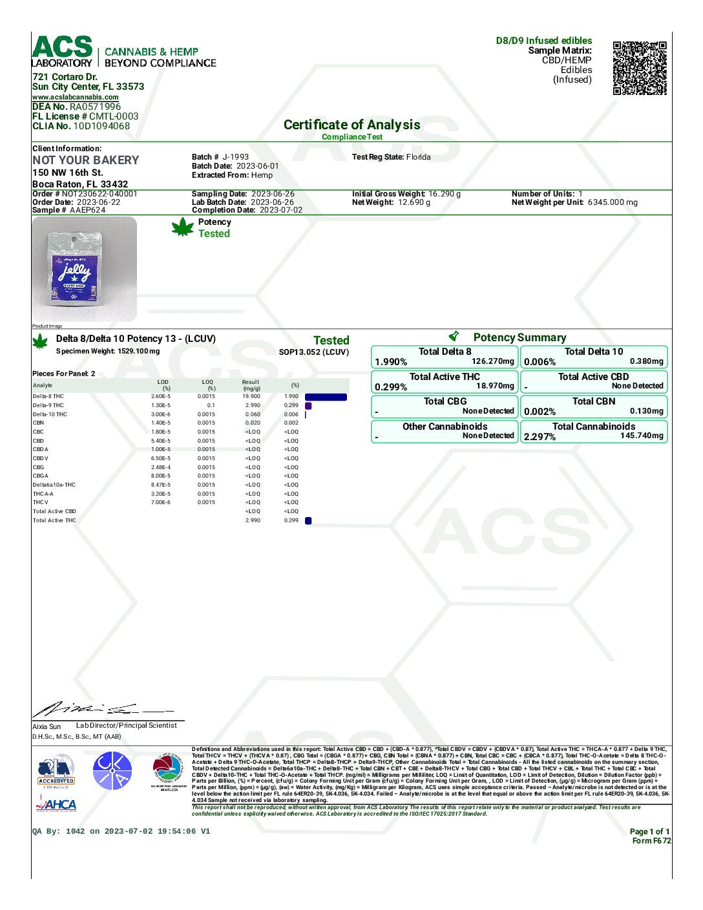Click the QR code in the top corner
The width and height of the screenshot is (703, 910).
click(x=639, y=68)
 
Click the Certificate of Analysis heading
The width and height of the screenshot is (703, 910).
click(x=351, y=125)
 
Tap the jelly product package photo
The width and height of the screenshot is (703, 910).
click(x=84, y=269)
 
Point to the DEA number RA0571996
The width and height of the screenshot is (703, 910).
click(x=95, y=107)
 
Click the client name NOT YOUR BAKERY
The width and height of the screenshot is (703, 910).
click(x=86, y=160)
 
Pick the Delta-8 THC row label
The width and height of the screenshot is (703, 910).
click(x=48, y=396)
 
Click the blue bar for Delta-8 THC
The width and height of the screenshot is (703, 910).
click(x=326, y=397)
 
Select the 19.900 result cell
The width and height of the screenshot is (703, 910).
click(x=251, y=396)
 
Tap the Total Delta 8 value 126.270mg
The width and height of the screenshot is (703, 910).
click(x=493, y=361)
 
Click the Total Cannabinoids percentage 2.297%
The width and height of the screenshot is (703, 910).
click(x=540, y=437)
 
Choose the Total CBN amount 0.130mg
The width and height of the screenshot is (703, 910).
click(x=646, y=411)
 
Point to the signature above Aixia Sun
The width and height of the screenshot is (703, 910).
click(x=97, y=709)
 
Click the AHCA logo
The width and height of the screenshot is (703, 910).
click(x=56, y=805)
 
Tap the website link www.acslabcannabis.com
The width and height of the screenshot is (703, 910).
click(x=76, y=97)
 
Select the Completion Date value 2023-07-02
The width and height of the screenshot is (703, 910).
click(x=281, y=210)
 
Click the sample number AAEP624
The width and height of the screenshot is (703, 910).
click(x=87, y=210)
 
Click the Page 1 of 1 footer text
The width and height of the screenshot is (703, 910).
click(x=649, y=832)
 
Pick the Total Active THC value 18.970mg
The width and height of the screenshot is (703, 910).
click(x=495, y=386)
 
